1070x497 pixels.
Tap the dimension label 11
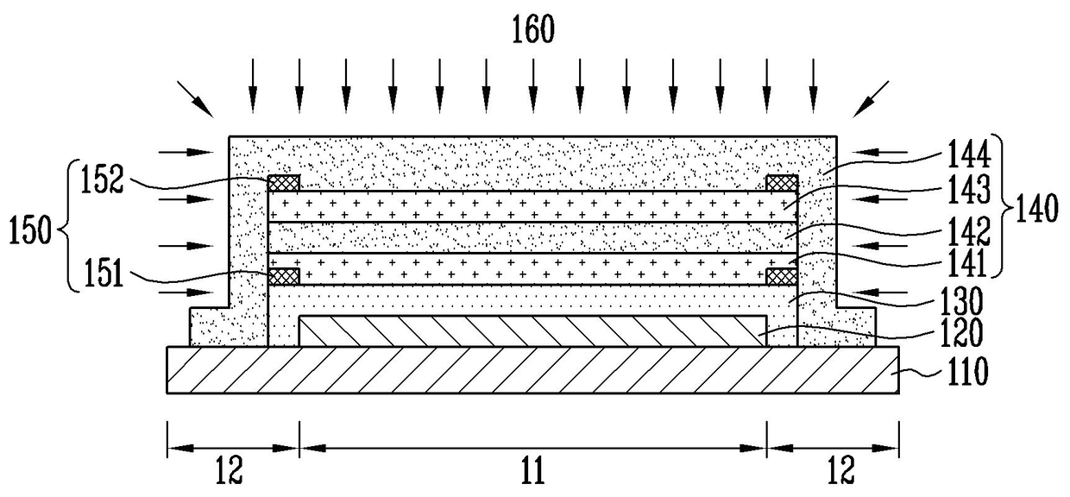(532, 470)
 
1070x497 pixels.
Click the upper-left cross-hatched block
(285, 183)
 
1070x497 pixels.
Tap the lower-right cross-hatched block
(781, 275)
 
